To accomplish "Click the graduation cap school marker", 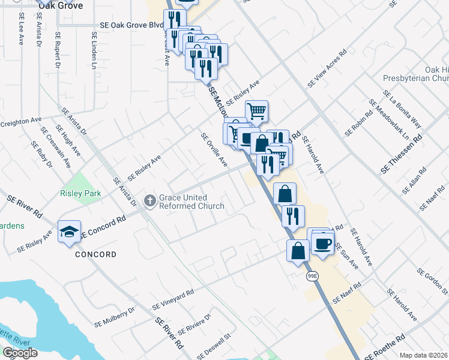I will [69, 232].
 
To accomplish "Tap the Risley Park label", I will [80, 193].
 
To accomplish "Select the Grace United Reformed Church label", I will [191, 202].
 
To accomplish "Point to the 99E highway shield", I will [312, 276].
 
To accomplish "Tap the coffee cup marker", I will [323, 243].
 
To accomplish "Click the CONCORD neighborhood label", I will [96, 254].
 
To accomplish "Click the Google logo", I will [20, 353].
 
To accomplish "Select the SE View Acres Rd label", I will [327, 69].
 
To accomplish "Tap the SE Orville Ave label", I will [214, 150].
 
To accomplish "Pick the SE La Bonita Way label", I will [402, 110].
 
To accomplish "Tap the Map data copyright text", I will [424, 355].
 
